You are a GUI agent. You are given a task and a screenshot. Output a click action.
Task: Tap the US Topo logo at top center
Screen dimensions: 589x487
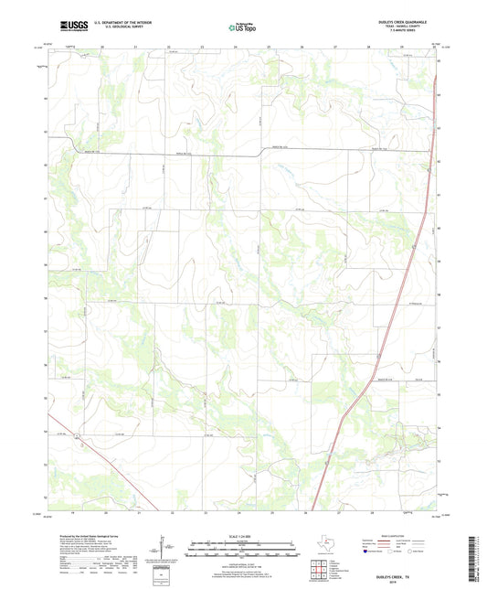(240, 28)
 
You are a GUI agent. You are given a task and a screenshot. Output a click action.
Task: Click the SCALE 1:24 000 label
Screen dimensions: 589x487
(241, 535)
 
